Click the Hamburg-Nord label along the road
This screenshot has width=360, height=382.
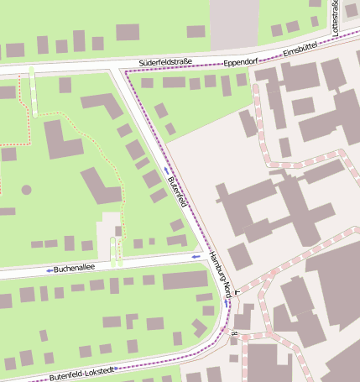tap(220, 269)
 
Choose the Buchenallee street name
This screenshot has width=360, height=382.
tap(74, 269)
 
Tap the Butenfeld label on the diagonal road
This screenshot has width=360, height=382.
tap(177, 192)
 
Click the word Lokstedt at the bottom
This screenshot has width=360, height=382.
tap(95, 369)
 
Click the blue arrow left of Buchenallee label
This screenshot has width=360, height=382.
tap(50, 270)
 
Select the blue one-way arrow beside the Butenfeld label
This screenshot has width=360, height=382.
tap(166, 170)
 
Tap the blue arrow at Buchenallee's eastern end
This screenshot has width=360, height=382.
tap(196, 256)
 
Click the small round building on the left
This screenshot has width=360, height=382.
tap(26, 190)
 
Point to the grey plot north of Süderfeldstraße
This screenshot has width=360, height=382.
tap(233, 24)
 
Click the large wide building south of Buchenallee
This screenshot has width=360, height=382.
tap(185, 280)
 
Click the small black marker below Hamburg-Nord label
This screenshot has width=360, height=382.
tap(237, 291)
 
